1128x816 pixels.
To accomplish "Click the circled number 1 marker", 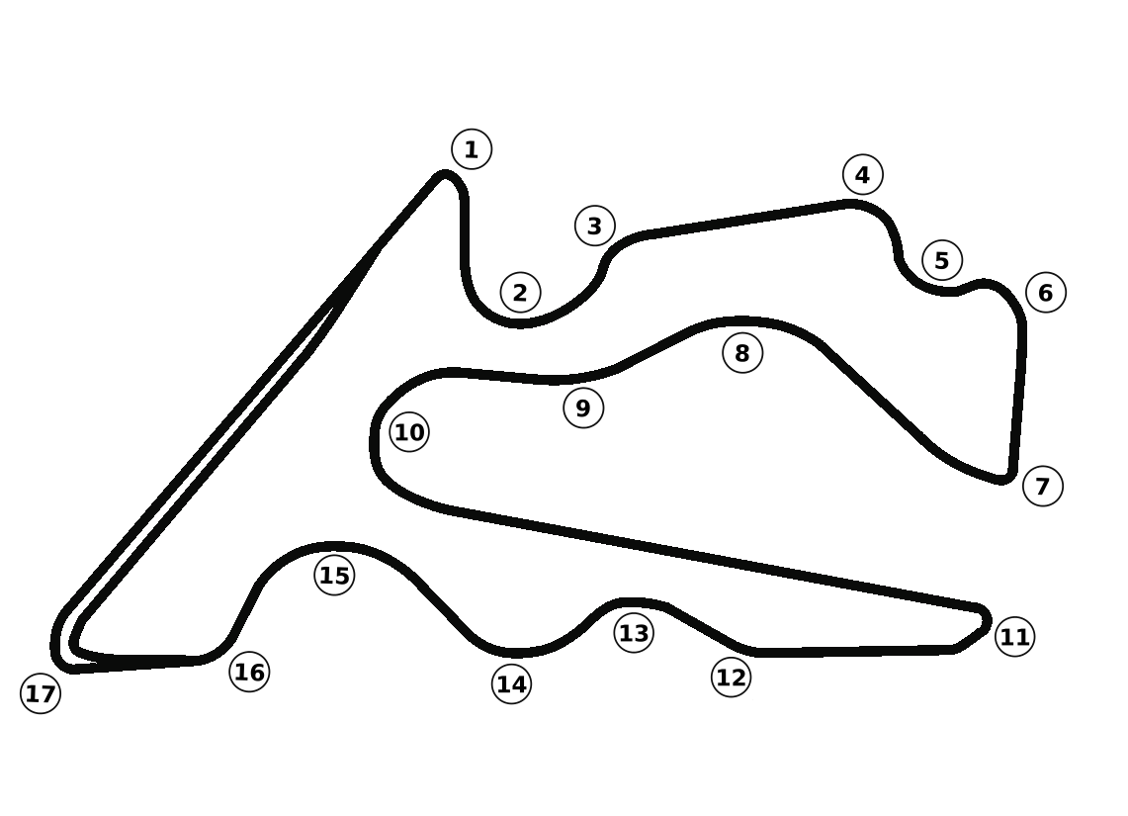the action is pyautogui.click(x=472, y=149).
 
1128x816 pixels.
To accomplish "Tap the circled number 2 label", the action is pyautogui.click(x=520, y=292).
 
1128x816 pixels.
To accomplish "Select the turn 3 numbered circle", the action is pyautogui.click(x=594, y=226).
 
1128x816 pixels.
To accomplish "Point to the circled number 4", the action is pyautogui.click(x=862, y=175).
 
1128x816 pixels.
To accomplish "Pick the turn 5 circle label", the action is pyautogui.click(x=942, y=260).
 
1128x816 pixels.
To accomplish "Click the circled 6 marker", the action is pyautogui.click(x=1046, y=292).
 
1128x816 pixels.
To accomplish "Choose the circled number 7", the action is pyautogui.click(x=1042, y=486).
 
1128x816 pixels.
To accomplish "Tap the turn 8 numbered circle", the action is pyautogui.click(x=743, y=352).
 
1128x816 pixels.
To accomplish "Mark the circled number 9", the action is pyautogui.click(x=583, y=408).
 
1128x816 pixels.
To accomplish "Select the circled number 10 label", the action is pyautogui.click(x=409, y=432).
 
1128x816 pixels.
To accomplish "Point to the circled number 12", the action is pyautogui.click(x=731, y=678).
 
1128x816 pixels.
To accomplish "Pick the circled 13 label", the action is pyautogui.click(x=634, y=632).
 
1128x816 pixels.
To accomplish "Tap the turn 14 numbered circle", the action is pyautogui.click(x=511, y=683).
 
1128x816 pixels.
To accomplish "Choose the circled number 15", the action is pyautogui.click(x=335, y=575).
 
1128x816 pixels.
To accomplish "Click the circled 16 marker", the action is pyautogui.click(x=249, y=673).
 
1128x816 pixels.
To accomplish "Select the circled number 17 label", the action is pyautogui.click(x=41, y=694).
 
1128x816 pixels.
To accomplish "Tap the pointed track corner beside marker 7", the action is pyautogui.click(x=1006, y=479).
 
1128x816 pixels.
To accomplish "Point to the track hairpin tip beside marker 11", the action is pyautogui.click(x=984, y=618).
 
